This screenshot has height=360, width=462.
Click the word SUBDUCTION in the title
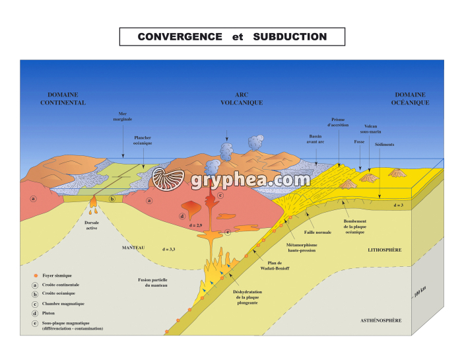[290, 37]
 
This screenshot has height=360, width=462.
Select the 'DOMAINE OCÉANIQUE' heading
[411, 98]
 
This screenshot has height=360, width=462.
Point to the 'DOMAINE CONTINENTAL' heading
[63, 98]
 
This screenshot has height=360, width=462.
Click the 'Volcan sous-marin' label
[375, 129]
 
